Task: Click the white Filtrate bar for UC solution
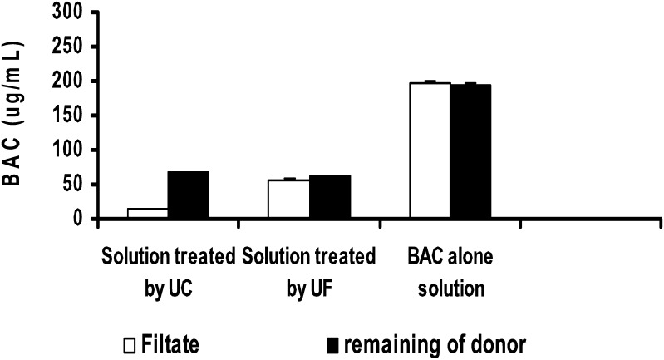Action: click(x=148, y=214)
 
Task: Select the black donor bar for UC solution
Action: click(x=189, y=195)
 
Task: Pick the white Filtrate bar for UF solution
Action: click(x=288, y=200)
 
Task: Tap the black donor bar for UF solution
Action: click(x=329, y=197)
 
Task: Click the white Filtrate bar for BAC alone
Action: click(x=430, y=150)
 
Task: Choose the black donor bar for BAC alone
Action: click(x=470, y=151)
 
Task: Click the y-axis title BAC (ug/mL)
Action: click(x=17, y=116)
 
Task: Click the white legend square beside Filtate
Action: click(x=130, y=342)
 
